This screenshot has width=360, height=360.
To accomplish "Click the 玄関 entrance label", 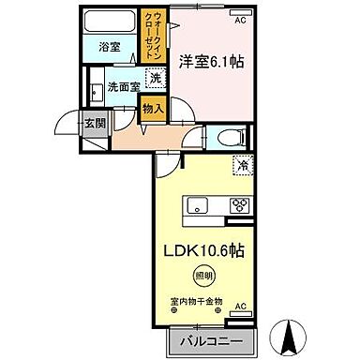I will [x=95, y=122].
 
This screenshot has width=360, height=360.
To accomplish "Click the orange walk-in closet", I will [x=152, y=36].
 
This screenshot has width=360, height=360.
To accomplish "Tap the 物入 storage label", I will [x=155, y=109].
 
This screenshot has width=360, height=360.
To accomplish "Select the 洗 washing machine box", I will [x=155, y=81].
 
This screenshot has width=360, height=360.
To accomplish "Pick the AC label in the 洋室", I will [x=240, y=19].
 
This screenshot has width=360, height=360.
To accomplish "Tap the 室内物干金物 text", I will [x=197, y=301].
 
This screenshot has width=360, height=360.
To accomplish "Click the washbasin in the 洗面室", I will [x=96, y=91].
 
